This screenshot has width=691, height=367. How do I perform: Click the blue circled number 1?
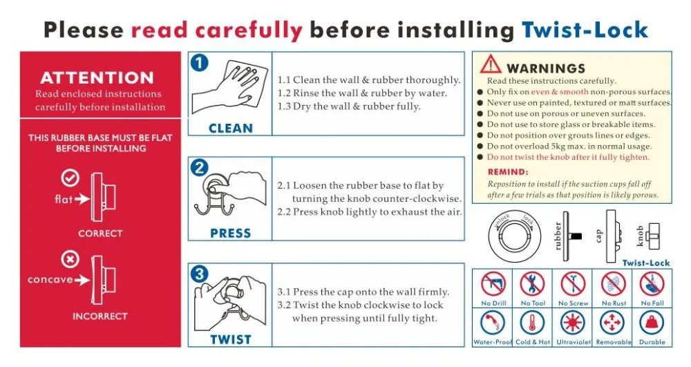(199, 64)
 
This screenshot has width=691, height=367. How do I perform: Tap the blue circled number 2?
(199, 167)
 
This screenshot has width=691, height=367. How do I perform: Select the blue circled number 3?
(199, 274)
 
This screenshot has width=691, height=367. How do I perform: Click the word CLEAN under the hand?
(231, 128)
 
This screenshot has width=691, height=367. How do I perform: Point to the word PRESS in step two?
(231, 234)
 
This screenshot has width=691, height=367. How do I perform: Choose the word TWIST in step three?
(231, 339)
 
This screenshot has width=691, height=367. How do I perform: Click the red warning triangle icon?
(491, 64)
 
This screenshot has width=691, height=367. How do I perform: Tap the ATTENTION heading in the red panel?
(97, 78)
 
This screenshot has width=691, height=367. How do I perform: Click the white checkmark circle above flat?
(70, 178)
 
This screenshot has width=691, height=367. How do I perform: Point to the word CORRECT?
(100, 234)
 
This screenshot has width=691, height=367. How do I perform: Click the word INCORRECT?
(100, 317)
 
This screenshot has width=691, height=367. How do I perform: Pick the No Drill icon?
(493, 283)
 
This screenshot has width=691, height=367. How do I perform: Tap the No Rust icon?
(613, 283)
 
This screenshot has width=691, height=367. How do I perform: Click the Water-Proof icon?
(493, 323)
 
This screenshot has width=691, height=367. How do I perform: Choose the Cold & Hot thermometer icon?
(533, 323)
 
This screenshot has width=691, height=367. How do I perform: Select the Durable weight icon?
(652, 323)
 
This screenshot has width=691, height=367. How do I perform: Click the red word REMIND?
(508, 172)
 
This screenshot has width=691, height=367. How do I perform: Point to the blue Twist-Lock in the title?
(585, 30)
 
